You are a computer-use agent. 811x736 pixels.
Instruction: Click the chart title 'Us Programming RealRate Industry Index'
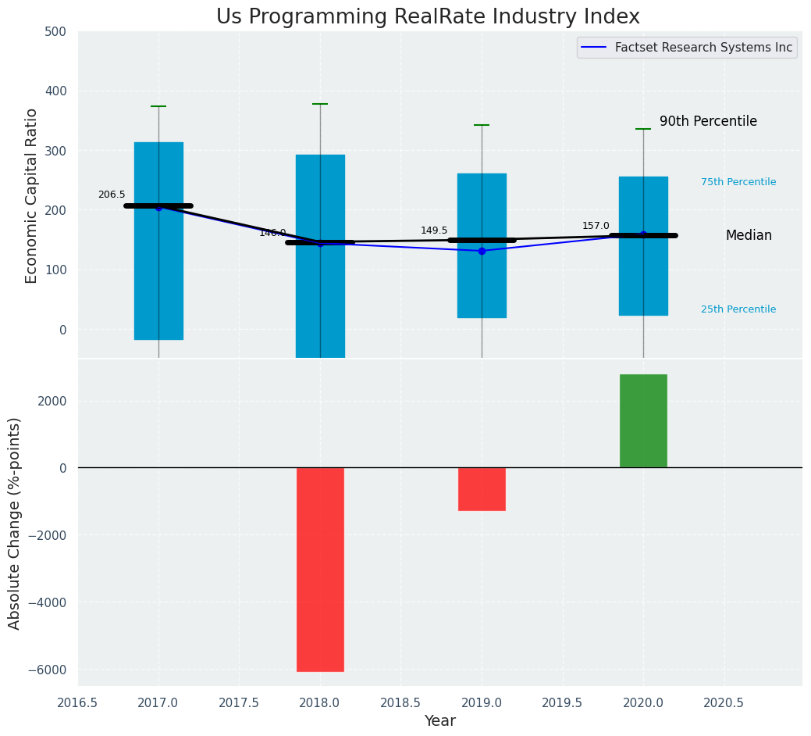click(428, 17)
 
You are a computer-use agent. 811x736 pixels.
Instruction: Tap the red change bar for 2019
click(482, 489)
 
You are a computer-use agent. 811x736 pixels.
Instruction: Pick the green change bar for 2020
click(643, 421)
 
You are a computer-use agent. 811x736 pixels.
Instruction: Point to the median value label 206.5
click(112, 195)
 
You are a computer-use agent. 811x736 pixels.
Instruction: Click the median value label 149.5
click(434, 230)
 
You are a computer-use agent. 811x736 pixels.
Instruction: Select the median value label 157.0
click(596, 226)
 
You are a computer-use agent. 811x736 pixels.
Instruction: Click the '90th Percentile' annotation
click(708, 122)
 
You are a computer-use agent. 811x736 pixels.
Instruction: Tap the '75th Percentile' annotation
click(738, 182)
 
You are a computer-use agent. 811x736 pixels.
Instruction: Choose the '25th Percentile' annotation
click(738, 309)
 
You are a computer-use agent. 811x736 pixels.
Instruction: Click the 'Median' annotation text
click(749, 236)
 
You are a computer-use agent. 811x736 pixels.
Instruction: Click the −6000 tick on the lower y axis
click(50, 670)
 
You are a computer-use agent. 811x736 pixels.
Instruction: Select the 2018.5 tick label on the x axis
click(401, 702)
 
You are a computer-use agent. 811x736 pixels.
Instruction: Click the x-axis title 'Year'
click(440, 721)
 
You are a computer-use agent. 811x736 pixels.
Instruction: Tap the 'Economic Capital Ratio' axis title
click(32, 195)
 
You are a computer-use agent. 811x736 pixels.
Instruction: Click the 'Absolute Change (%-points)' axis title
click(15, 523)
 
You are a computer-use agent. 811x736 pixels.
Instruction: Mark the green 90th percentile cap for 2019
click(482, 125)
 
